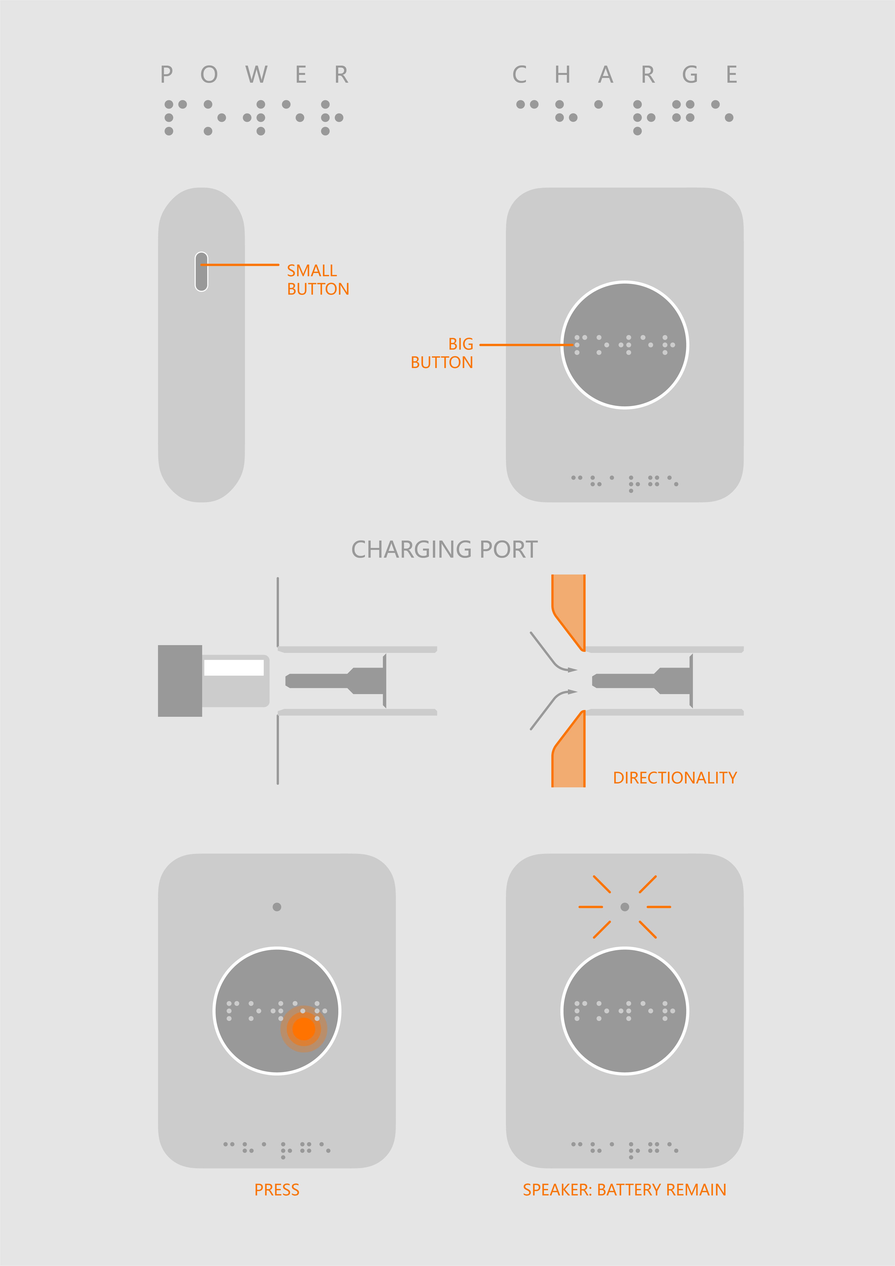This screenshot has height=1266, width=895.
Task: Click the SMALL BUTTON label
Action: pos(318,279)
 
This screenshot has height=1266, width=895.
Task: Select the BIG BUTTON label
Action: pos(442,353)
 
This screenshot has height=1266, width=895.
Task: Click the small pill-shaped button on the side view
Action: pos(201,271)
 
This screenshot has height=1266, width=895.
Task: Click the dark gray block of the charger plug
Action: pos(180,681)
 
